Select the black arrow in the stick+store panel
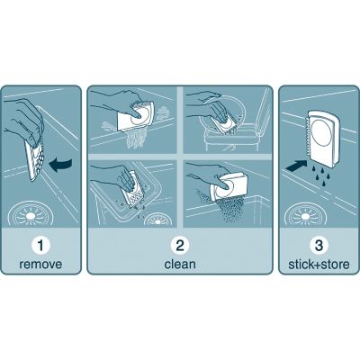click(x=294, y=166)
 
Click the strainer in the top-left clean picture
click(x=140, y=118)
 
